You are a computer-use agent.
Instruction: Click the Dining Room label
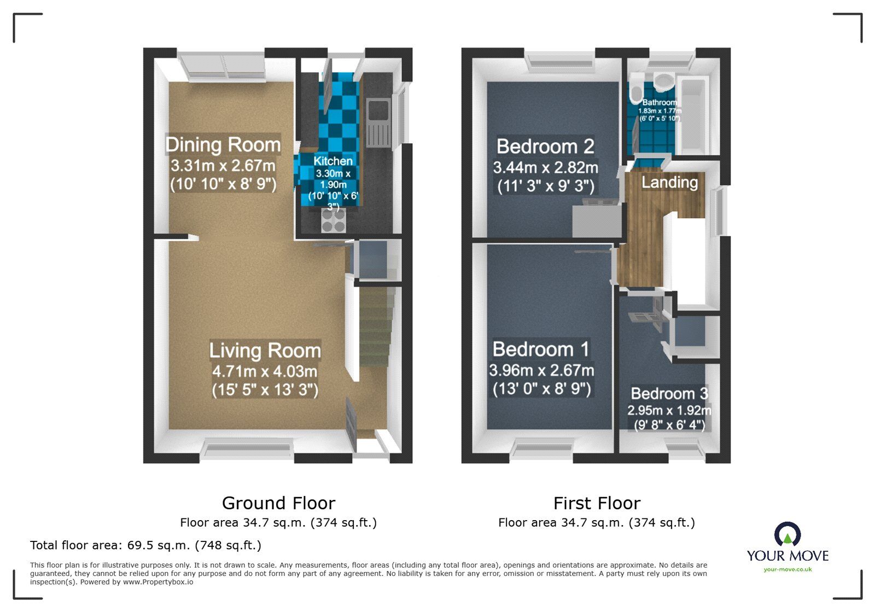coord(223,145)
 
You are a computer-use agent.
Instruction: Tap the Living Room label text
coord(265,351)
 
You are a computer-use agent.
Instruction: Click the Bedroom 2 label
coord(545,147)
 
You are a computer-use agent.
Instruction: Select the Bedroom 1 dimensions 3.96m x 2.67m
coord(541,370)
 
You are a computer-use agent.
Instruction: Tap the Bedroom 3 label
coord(669,394)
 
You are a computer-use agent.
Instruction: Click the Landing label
coord(669,182)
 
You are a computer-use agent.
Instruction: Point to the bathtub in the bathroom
coord(692,115)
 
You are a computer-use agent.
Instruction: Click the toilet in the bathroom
coord(636,90)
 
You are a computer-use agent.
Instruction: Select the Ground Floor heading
coord(278,503)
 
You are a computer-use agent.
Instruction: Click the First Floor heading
coord(597,503)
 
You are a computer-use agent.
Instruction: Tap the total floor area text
coord(145,545)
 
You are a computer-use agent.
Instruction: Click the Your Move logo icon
coord(787,534)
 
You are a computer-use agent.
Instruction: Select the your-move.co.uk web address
coord(787,569)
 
